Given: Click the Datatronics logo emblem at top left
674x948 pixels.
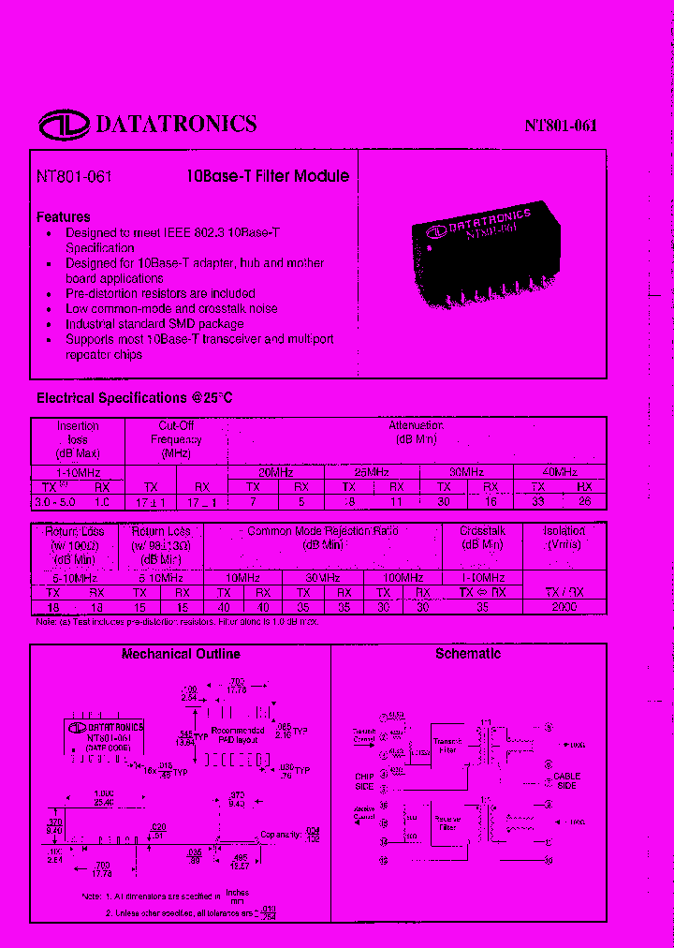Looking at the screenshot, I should tap(64, 124).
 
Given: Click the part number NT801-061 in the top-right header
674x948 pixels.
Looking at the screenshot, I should tap(560, 126).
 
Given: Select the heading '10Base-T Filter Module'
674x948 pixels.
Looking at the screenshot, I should tap(268, 176).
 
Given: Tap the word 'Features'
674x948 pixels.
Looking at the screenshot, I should tap(64, 216).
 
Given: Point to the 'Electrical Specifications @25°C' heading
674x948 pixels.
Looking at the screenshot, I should tap(134, 398).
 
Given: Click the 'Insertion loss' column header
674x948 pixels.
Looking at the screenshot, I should tap(78, 438).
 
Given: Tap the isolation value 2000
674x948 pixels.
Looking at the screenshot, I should tap(564, 607).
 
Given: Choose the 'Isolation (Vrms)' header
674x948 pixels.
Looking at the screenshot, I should tap(564, 537).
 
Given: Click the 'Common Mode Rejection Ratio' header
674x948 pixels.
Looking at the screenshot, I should tap(322, 537).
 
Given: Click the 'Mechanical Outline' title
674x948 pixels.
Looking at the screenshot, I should tap(181, 654).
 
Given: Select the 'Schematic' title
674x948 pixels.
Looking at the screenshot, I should tap(468, 654).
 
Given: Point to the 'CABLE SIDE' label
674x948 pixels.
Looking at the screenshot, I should tap(566, 781).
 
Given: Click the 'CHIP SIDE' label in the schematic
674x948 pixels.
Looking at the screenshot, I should tap(364, 781).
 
